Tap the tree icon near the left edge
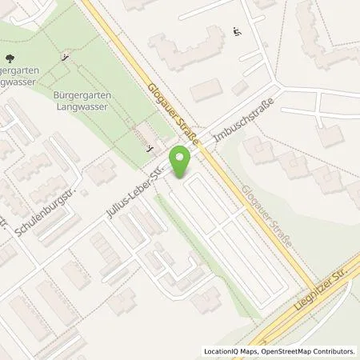[x=10, y=58]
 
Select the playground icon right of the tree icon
[x=65, y=58]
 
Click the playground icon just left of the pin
[x=149, y=148]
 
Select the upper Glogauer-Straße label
[x=165, y=102]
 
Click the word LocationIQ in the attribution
[x=222, y=351]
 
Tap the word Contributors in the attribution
[x=333, y=351]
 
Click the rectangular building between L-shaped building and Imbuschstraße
[x=206, y=90]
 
